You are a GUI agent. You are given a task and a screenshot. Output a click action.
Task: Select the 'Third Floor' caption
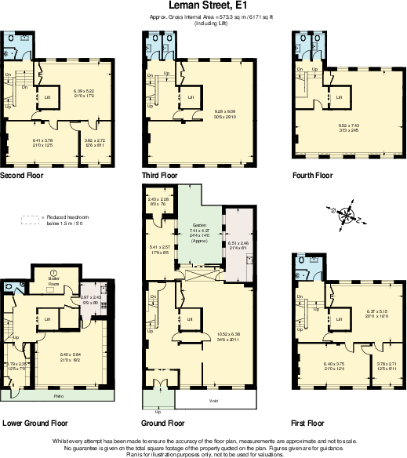161,174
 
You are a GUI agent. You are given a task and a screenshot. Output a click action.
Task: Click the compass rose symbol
343,213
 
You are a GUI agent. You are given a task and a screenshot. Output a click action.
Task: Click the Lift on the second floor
47,96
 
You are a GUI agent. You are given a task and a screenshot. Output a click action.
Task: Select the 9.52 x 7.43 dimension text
349,125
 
